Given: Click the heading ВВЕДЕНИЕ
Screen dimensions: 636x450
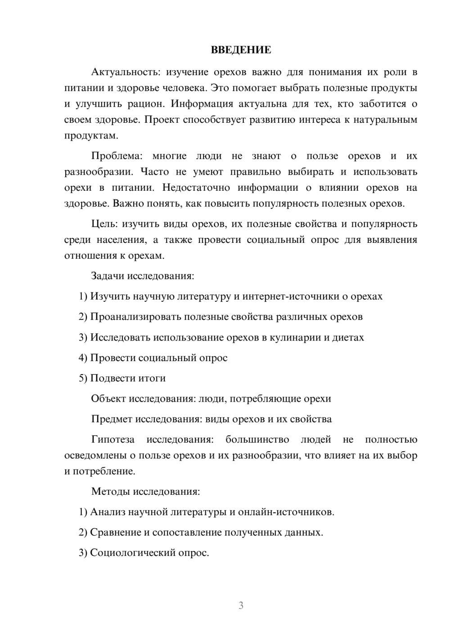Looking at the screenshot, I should [241, 50].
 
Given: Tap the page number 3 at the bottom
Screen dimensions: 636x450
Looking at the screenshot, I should [241, 605].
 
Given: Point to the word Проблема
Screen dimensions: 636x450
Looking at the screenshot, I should [117, 156].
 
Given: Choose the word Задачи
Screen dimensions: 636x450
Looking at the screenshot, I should [108, 276].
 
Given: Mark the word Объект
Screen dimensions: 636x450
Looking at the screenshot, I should [108, 399].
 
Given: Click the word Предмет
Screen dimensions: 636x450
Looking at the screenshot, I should [112, 419].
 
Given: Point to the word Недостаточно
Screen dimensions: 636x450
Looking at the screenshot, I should [196, 188].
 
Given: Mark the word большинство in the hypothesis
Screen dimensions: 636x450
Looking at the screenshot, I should [257, 439].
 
